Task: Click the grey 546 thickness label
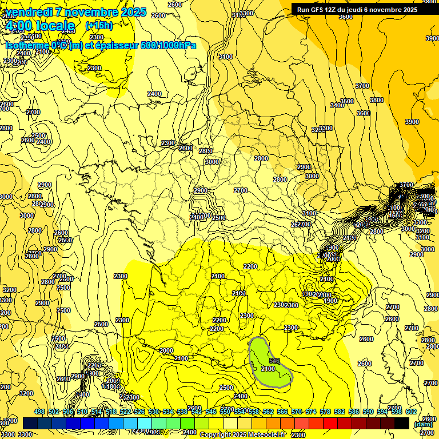point(274,361)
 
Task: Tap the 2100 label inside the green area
point(268,369)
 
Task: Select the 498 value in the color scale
point(39,412)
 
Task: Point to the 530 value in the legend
point(154,412)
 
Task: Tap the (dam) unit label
point(422,424)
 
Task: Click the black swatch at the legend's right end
point(402,423)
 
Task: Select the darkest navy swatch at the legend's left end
point(30,423)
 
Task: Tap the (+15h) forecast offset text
point(99,26)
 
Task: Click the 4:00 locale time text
point(39,26)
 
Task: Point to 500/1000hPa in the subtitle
point(169,45)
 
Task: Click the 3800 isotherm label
point(376,100)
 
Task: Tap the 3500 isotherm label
point(346,101)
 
